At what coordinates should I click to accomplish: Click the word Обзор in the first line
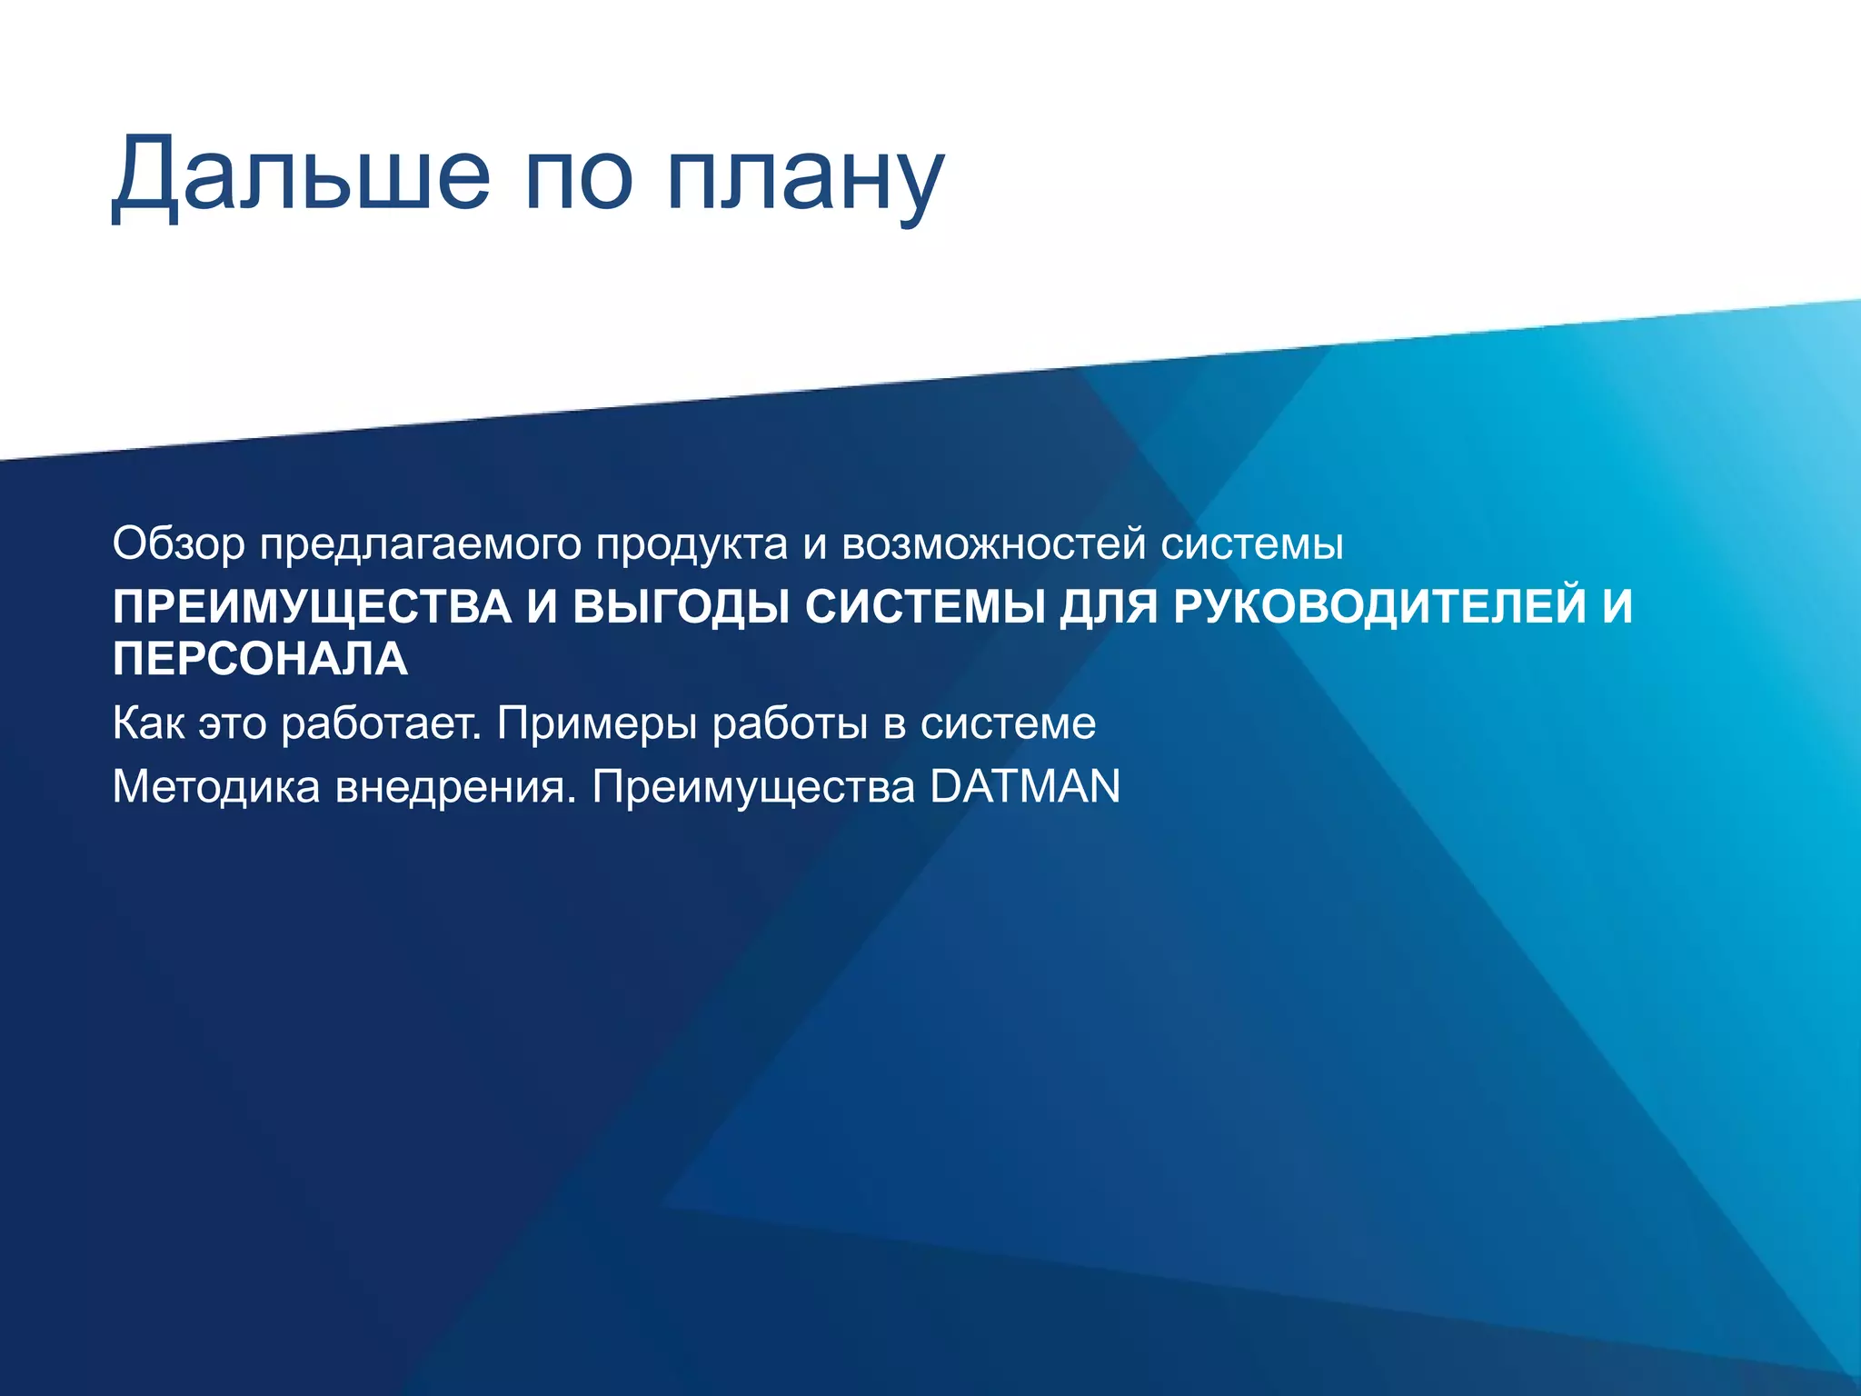(179, 544)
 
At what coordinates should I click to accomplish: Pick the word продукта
(692, 544)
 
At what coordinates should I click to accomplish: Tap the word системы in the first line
(1252, 544)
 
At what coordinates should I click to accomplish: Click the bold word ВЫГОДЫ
(682, 607)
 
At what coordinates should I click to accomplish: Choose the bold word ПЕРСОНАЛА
(261, 659)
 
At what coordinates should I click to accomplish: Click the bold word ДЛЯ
(1108, 607)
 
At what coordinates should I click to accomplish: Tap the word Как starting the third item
(147, 723)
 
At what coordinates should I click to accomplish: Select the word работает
(381, 723)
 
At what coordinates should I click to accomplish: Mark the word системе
(1008, 723)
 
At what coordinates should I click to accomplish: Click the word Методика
(216, 786)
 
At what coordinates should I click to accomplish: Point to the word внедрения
(455, 786)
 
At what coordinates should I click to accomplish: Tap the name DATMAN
(1025, 786)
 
